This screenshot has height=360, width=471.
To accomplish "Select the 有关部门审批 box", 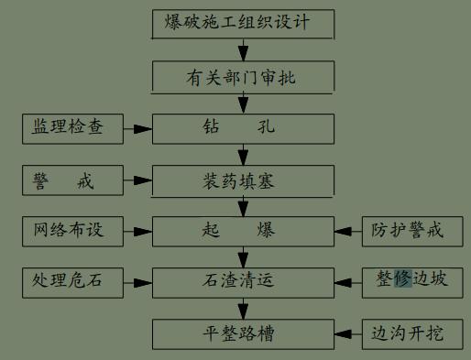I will (x=241, y=77).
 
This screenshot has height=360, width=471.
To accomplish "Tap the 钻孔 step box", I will (x=241, y=129).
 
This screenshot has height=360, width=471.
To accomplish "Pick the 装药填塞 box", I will (x=241, y=180).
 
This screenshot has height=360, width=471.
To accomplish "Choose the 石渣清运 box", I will (x=241, y=281).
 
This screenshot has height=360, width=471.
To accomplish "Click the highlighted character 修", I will (x=403, y=279).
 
